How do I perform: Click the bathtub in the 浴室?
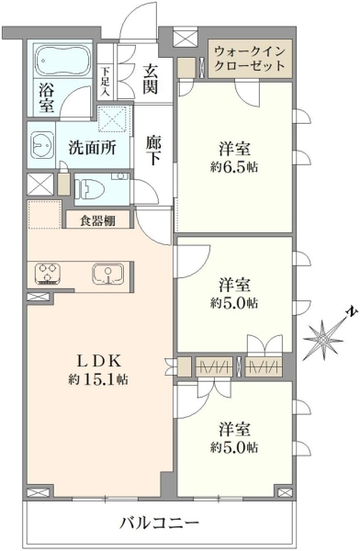tap(63, 61)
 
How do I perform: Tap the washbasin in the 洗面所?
tap(42, 144)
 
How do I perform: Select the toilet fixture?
tap(90, 189)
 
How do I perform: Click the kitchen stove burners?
tap(48, 274)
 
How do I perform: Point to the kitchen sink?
tap(108, 274)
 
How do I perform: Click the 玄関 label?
tap(150, 80)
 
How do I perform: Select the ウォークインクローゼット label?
tap(250, 59)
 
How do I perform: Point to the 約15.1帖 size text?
tap(98, 379)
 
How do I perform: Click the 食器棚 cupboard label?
tap(97, 220)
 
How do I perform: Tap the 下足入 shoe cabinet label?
tap(106, 81)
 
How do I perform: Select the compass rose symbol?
tap(323, 338)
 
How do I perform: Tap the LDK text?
tap(99, 361)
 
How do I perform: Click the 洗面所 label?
tap(92, 148)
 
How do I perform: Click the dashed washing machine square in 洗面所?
tap(112, 119)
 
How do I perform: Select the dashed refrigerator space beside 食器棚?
tap(45, 214)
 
